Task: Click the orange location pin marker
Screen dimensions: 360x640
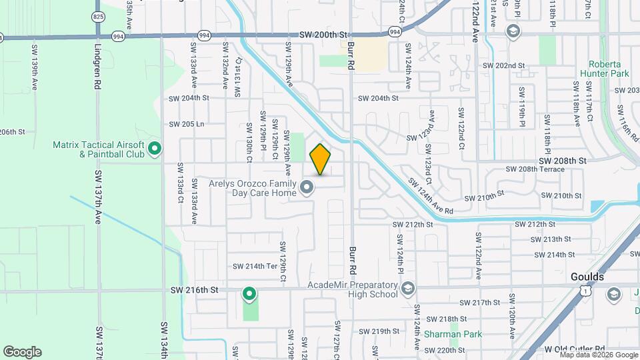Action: pyautogui.click(x=321, y=159)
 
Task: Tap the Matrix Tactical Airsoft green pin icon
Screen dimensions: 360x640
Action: pyautogui.click(x=155, y=148)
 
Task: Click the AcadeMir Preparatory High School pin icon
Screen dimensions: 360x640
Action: pyautogui.click(x=408, y=289)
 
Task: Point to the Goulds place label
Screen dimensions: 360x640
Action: pyautogui.click(x=587, y=277)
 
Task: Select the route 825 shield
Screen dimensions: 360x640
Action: pyautogui.click(x=99, y=16)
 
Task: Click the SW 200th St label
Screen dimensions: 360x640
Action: pyautogui.click(x=324, y=35)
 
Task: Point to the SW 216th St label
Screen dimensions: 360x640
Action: pyautogui.click(x=194, y=290)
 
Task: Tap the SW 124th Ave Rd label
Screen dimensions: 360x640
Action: pyautogui.click(x=430, y=195)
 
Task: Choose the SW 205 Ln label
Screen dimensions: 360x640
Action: pyautogui.click(x=186, y=124)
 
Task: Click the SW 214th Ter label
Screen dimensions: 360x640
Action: pyautogui.click(x=254, y=266)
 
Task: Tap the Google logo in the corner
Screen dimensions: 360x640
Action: pyautogui.click(x=22, y=352)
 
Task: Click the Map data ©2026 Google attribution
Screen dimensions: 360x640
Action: pyautogui.click(x=598, y=355)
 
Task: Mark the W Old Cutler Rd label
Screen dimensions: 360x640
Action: pyautogui.click(x=574, y=349)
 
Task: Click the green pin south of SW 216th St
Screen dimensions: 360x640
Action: pyautogui.click(x=249, y=293)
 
